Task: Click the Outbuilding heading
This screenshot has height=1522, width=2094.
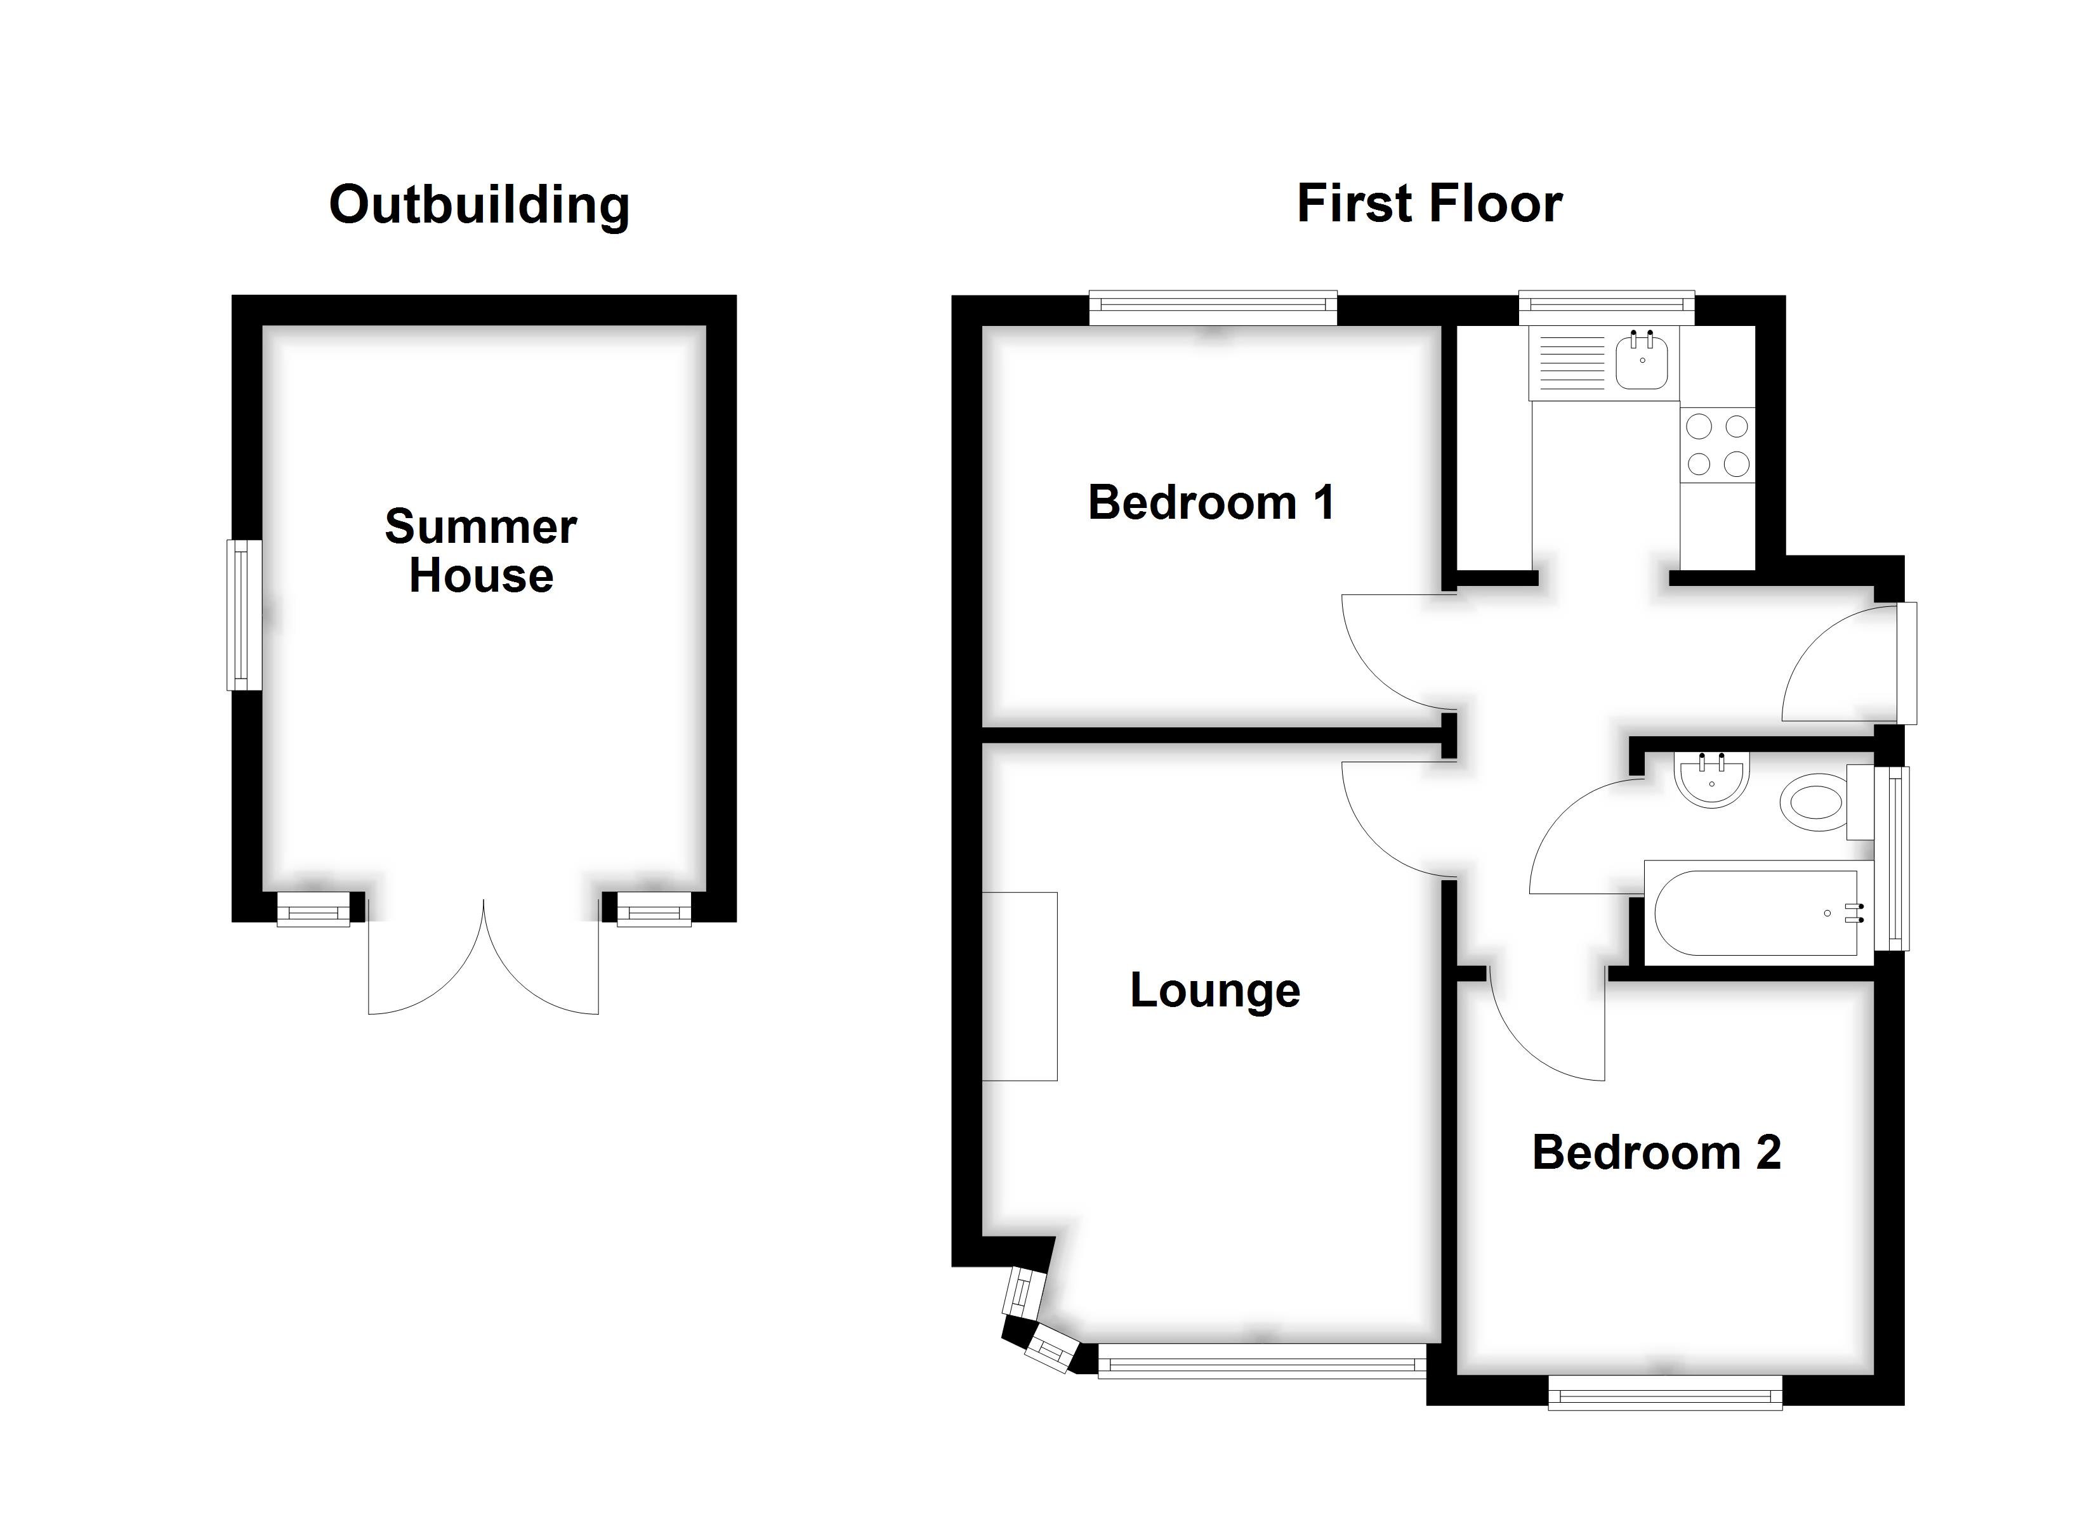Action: [x=479, y=205]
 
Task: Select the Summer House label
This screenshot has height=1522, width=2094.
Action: [x=480, y=551]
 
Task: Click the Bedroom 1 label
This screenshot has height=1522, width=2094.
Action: [x=1211, y=503]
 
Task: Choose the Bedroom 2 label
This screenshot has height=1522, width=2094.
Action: [x=1656, y=1153]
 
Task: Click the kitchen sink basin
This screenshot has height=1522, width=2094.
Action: [x=1641, y=363]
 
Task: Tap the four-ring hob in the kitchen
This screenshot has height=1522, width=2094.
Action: [x=1717, y=445]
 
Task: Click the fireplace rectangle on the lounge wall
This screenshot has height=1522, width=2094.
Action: [x=1019, y=985]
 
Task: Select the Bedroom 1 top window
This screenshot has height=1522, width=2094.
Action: [x=1212, y=308]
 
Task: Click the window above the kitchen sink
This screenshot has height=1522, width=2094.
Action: [x=1607, y=308]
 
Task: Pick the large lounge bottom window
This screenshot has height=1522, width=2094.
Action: [x=1261, y=1360]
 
